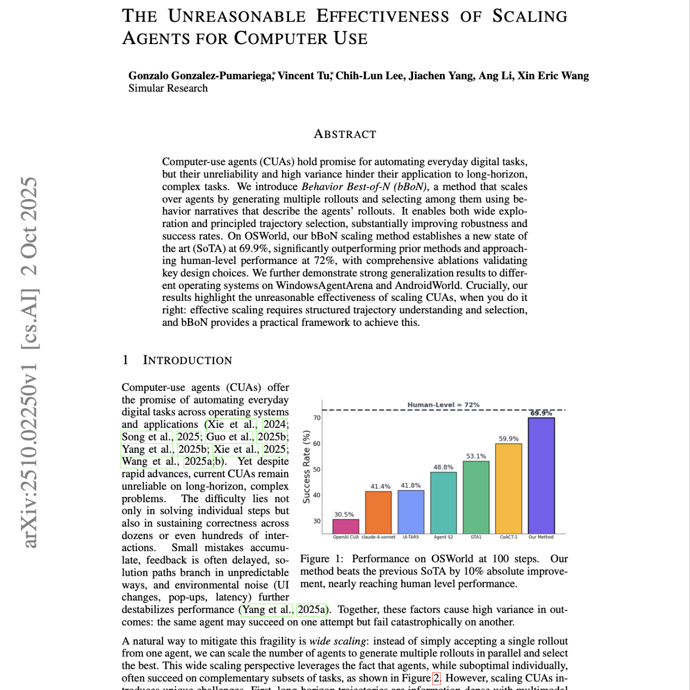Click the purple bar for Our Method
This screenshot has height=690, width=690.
(541, 475)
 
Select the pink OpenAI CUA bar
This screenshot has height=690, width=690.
(345, 526)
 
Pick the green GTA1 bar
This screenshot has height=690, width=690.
(476, 497)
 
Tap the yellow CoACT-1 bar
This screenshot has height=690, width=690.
(508, 488)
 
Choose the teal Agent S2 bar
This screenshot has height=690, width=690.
(443, 503)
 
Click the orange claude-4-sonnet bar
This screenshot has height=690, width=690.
(378, 512)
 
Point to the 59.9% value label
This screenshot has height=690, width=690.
(508, 438)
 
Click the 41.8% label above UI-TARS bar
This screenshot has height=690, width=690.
(411, 485)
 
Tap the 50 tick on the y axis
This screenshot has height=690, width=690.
(317, 469)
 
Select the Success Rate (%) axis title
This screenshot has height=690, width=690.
(307, 466)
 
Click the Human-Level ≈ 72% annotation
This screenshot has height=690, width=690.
(443, 404)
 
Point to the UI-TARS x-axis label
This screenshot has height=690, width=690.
(411, 537)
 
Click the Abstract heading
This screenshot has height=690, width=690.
(345, 134)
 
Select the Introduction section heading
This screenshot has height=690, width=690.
(187, 360)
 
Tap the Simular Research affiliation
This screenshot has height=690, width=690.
(168, 88)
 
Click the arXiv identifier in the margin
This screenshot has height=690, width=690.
(30, 362)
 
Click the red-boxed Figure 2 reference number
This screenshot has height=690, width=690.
(436, 678)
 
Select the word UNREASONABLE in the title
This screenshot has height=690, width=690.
(237, 16)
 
